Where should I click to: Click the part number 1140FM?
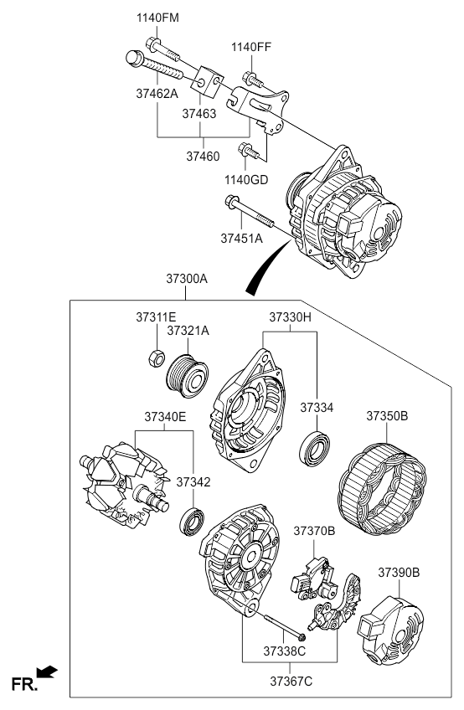click(157, 18)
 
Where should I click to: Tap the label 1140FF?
click(251, 47)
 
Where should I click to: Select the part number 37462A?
click(157, 94)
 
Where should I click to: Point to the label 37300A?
click(186, 279)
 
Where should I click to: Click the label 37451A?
click(241, 238)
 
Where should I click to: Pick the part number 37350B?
click(387, 415)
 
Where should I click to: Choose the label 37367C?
click(291, 681)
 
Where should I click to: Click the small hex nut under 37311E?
click(156, 358)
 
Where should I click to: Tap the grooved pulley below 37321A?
click(187, 376)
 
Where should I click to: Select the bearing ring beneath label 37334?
click(314, 449)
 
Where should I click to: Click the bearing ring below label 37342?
click(192, 522)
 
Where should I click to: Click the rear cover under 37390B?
click(392, 630)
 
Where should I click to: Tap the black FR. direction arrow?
click(47, 672)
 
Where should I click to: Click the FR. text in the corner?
click(24, 684)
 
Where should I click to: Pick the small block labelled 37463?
click(207, 81)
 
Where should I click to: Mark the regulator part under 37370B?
click(314, 579)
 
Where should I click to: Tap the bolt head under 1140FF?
click(248, 78)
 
